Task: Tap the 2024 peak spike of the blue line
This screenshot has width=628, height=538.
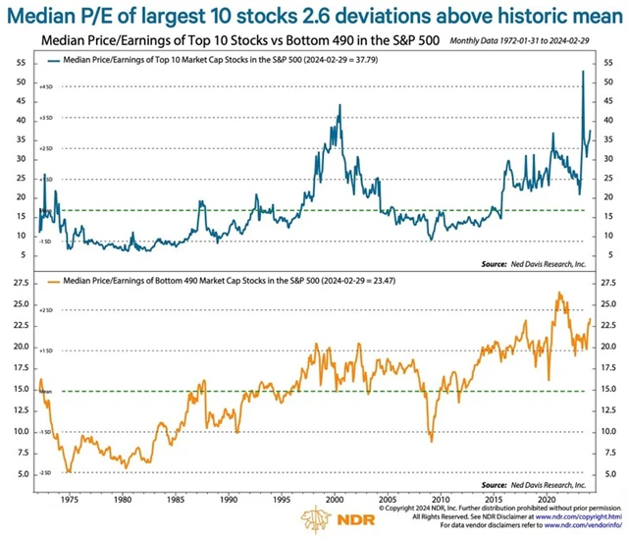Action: pos(584,72)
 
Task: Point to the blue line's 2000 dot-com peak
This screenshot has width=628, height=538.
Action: pos(340,105)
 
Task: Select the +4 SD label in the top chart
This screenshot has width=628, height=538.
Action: pos(43,88)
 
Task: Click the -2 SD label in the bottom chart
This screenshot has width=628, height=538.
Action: pos(43,473)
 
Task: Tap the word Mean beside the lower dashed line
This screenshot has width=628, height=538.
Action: pos(43,391)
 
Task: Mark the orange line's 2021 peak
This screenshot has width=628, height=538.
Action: pos(559,294)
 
